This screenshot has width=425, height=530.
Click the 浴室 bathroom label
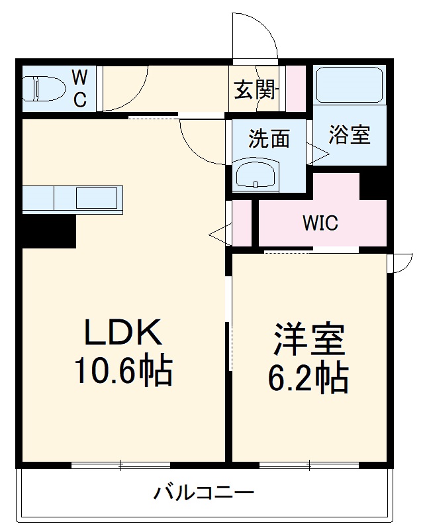click(x=349, y=135)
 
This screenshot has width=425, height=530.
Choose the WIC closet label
click(x=320, y=223)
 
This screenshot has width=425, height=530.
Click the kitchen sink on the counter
click(x=97, y=197)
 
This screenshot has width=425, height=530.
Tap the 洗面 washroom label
click(x=269, y=139)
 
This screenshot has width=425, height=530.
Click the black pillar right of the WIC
click(x=374, y=185)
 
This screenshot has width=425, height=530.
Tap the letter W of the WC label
click(x=79, y=78)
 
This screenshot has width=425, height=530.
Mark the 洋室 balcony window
click(x=309, y=465)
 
